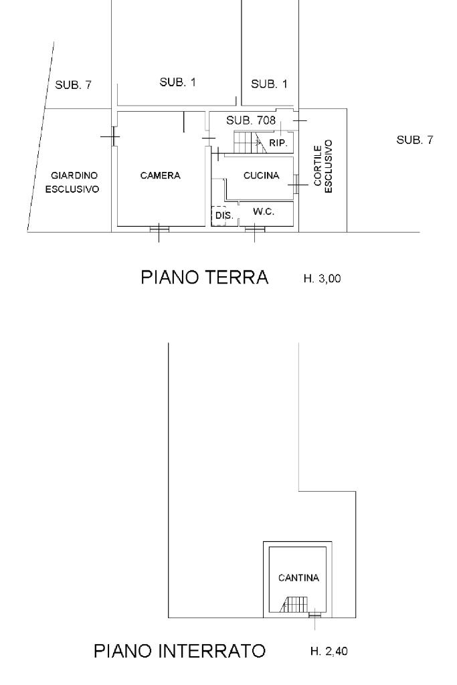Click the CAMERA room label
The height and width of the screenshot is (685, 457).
pos(160,175)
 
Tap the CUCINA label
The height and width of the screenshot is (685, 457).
pos(261,175)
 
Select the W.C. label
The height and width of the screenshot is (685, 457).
pos(264,211)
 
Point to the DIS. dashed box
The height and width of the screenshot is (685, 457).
pos(218,216)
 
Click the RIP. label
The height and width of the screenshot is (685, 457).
pos(278,142)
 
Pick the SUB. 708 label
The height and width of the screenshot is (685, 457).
pos(251,120)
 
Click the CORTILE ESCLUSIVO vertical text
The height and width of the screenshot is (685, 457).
pos(323,166)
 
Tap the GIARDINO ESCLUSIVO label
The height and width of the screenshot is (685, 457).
pos(72,182)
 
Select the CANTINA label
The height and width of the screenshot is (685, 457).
pos(298,577)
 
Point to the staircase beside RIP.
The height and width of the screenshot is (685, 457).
pos(250,142)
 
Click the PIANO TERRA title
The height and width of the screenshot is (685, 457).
pos(205,278)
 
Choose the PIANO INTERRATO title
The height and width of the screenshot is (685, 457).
pos(179,651)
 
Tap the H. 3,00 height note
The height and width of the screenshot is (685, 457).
pos(322,278)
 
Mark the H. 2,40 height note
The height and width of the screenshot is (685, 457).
pos(329,652)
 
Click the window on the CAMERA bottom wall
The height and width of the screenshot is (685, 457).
pos(159,229)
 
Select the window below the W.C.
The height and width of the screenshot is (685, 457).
pos(255,229)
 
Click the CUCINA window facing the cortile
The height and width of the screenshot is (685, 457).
pos(296,185)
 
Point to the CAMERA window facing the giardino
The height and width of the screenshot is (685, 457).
pos(113,136)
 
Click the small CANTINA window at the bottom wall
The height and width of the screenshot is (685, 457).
pos(314,615)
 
